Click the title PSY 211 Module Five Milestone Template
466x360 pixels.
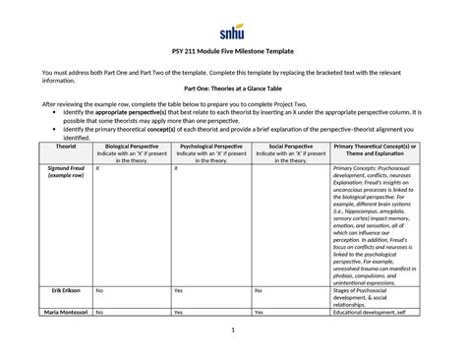coord(232,50)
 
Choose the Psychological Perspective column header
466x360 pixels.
coord(210,147)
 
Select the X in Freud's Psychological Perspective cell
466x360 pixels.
coord(175,169)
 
